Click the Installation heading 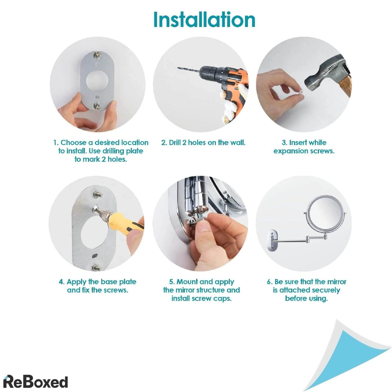click(204, 20)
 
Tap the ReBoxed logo click(35, 376)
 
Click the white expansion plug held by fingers click(301, 93)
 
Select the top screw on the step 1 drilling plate click(97, 55)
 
